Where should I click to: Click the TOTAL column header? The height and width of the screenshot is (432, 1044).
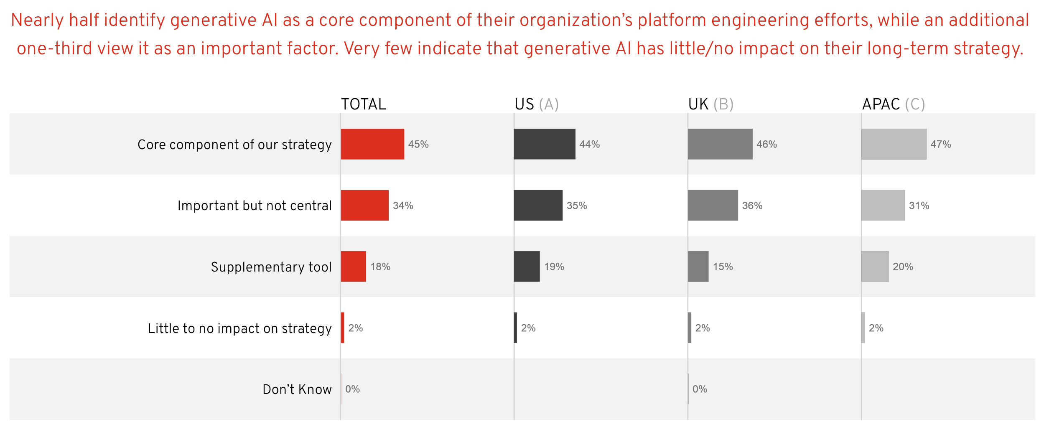pyautogui.click(x=364, y=104)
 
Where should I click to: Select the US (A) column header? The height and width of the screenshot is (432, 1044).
pyautogui.click(x=537, y=104)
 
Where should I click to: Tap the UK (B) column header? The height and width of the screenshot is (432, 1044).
pyautogui.click(x=711, y=104)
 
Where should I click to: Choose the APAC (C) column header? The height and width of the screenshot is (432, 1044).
pyautogui.click(x=894, y=104)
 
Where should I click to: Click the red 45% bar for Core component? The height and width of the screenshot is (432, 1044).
pyautogui.click(x=372, y=144)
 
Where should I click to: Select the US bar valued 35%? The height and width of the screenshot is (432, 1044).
pyautogui.click(x=538, y=205)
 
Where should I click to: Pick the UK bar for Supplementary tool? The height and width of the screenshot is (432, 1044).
pyautogui.click(x=698, y=267)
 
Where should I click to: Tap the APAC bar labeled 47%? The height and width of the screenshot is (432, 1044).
pyautogui.click(x=894, y=144)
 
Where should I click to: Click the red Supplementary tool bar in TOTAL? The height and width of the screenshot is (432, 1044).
pyautogui.click(x=353, y=267)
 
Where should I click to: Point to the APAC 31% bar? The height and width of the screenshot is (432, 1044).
pyautogui.click(x=883, y=205)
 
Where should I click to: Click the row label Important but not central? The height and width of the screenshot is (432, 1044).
pyautogui.click(x=255, y=206)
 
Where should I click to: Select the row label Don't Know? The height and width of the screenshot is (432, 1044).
pyautogui.click(x=297, y=389)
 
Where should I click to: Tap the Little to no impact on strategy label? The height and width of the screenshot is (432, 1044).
pyautogui.click(x=239, y=328)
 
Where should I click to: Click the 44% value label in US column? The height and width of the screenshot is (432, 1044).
pyautogui.click(x=589, y=144)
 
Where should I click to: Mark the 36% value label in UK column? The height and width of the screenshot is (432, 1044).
pyautogui.click(x=752, y=206)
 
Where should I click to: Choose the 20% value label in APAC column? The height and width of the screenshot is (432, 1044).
pyautogui.click(x=903, y=267)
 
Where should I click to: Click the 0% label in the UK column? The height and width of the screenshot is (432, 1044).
pyautogui.click(x=700, y=389)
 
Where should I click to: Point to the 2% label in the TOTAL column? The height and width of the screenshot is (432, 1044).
pyautogui.click(x=355, y=328)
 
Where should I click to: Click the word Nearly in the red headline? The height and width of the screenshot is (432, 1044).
pyautogui.click(x=37, y=20)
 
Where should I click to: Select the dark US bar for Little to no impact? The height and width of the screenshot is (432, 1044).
pyautogui.click(x=515, y=328)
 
